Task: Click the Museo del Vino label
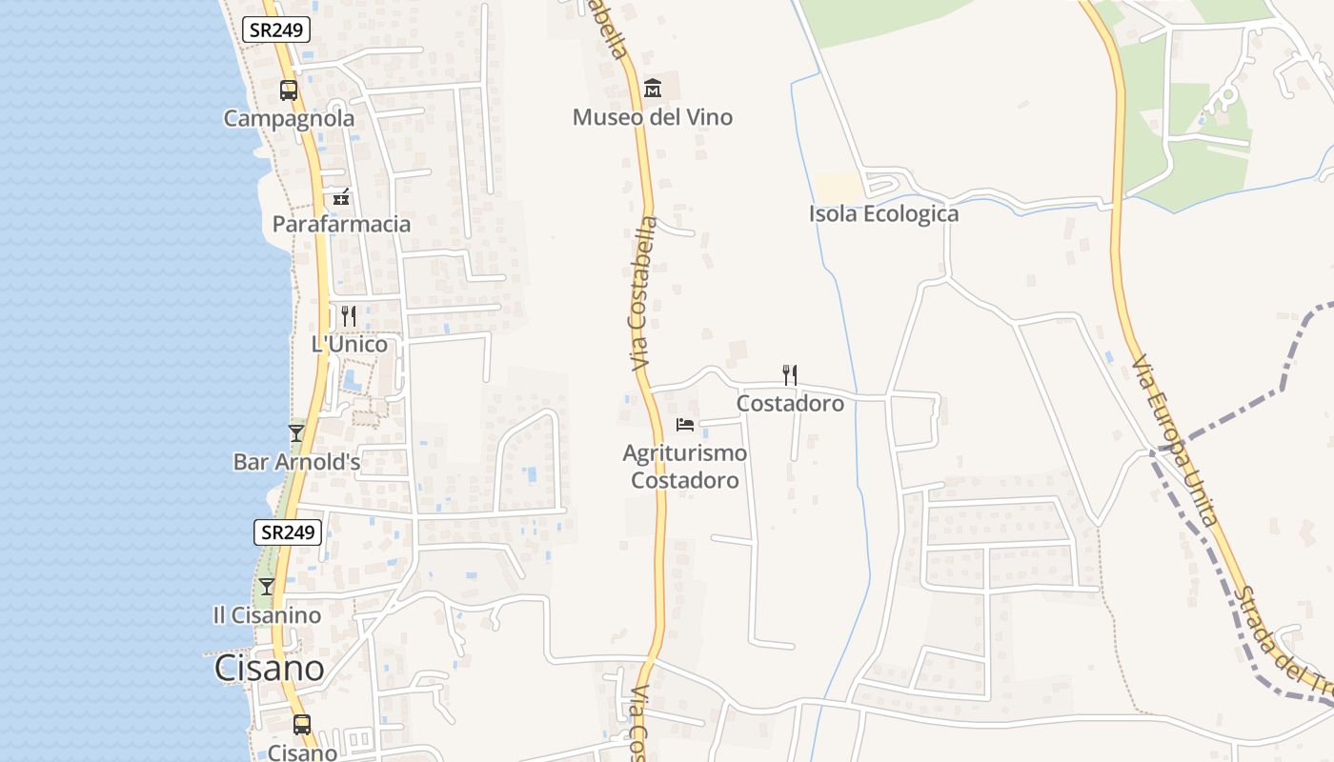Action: pyautogui.click(x=652, y=117)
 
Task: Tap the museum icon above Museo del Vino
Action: pyautogui.click(x=653, y=89)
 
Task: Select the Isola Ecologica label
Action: pyautogui.click(x=883, y=213)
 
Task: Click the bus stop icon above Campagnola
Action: pyautogui.click(x=288, y=90)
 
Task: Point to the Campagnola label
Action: pyautogui.click(x=289, y=118)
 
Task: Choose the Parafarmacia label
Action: pyautogui.click(x=341, y=224)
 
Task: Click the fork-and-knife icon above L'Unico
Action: pyautogui.click(x=349, y=316)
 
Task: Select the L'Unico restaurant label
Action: pyautogui.click(x=350, y=344)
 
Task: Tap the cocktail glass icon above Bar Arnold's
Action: pyautogui.click(x=296, y=433)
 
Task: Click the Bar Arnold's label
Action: pyautogui.click(x=296, y=462)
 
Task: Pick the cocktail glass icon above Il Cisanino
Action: pyautogui.click(x=267, y=587)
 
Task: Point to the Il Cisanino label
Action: pyautogui.click(x=267, y=615)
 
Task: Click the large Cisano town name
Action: pyautogui.click(x=270, y=668)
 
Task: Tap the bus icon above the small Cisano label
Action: pyautogui.click(x=302, y=725)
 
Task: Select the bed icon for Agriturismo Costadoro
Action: pyautogui.click(x=684, y=424)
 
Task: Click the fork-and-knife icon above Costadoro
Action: pyautogui.click(x=789, y=374)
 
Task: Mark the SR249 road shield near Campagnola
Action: pyautogui.click(x=276, y=30)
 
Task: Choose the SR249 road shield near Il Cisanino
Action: pyautogui.click(x=288, y=532)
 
